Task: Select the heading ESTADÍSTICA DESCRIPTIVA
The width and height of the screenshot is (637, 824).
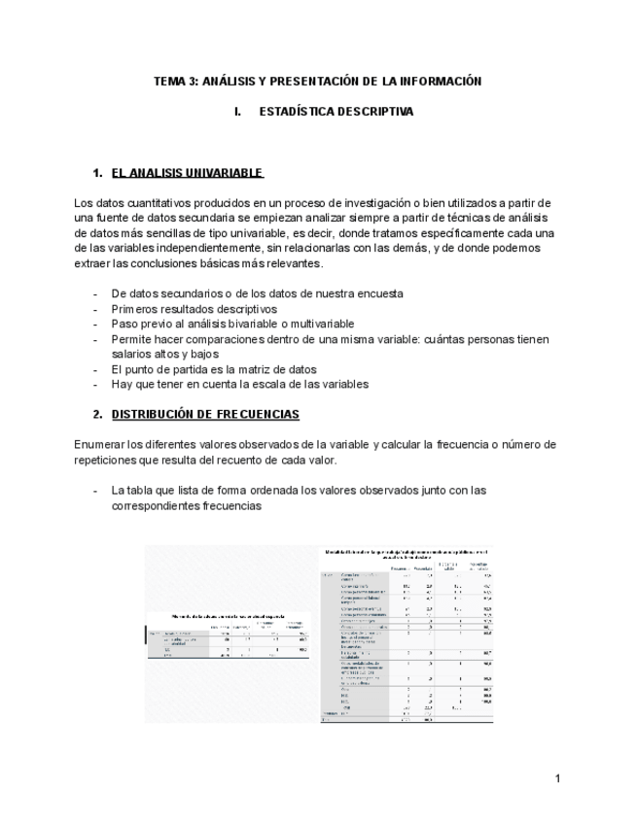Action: (336, 112)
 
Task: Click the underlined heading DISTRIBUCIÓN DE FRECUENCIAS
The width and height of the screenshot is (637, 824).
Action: (205, 414)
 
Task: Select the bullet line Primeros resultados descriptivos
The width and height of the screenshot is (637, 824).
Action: (194, 309)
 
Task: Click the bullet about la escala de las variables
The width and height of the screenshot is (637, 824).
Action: (239, 384)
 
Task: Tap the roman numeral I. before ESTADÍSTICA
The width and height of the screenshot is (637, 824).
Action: (237, 112)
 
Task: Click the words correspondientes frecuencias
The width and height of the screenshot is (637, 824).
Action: (186, 506)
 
